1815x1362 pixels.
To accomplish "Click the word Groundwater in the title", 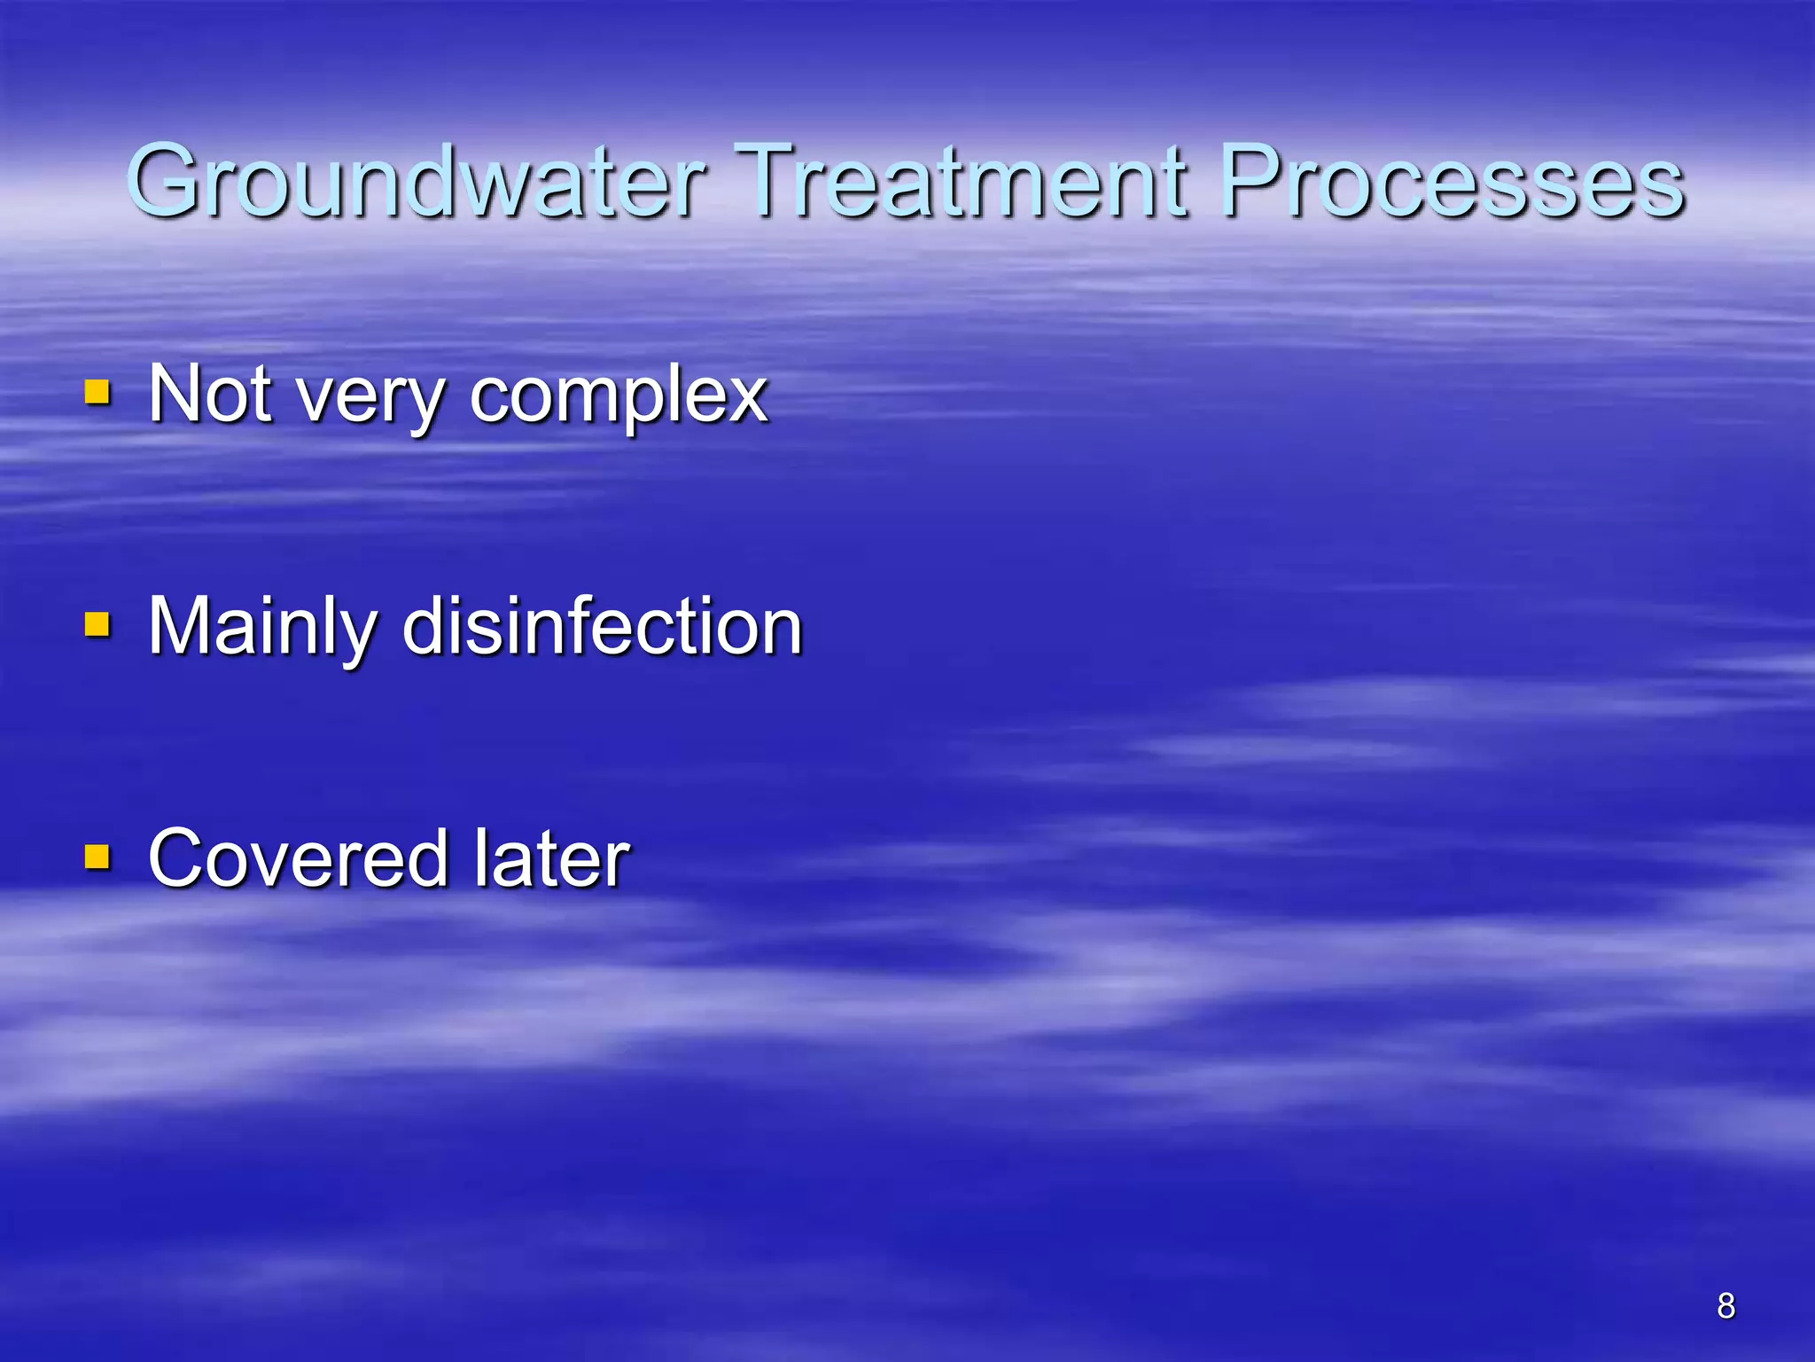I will [x=417, y=182].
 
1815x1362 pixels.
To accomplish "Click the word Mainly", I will [x=262, y=628].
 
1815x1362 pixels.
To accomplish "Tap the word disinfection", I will [x=603, y=626].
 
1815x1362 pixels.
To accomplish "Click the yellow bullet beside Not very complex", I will [x=97, y=392].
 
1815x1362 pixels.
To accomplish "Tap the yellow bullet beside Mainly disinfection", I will [x=97, y=624].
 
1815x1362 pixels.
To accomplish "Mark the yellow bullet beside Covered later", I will [x=97, y=857].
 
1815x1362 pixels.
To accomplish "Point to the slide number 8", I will [x=1725, y=1305].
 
